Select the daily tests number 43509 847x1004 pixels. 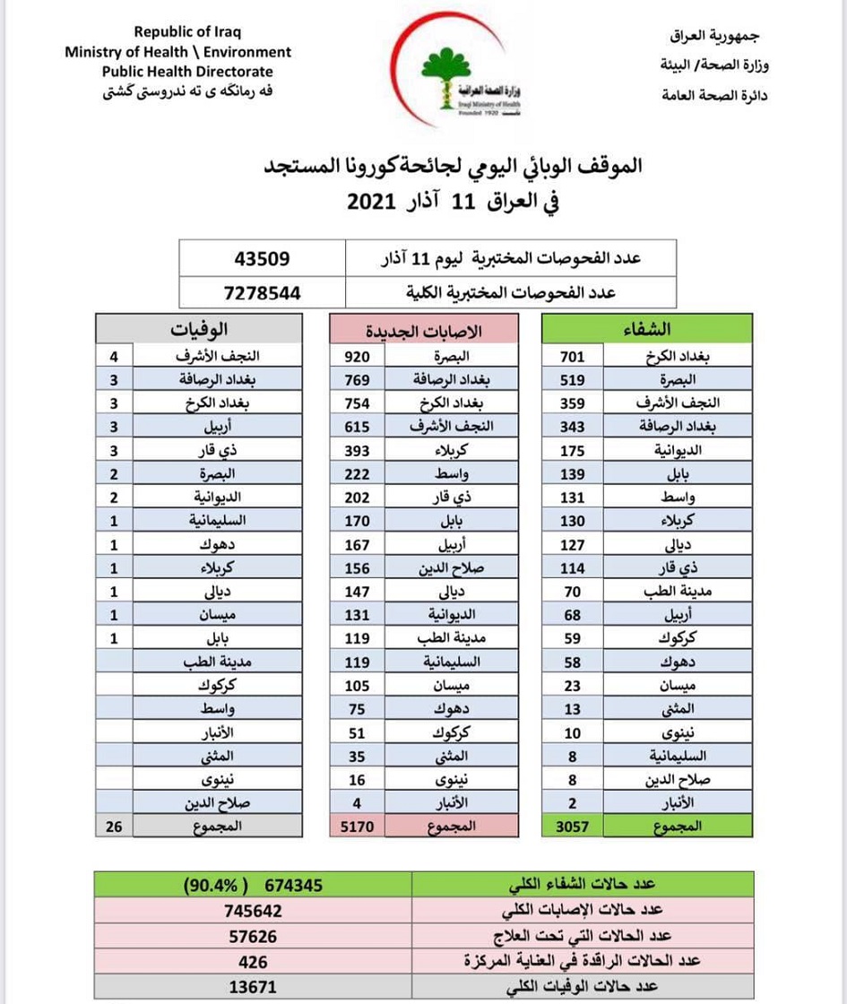point(262,260)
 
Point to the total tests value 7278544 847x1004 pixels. point(262,292)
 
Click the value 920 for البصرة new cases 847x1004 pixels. point(358,356)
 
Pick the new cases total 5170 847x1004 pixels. point(358,826)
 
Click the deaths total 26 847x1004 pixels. point(113,826)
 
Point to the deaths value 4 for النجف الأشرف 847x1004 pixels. point(114,356)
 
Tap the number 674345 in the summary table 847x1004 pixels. point(293,886)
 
